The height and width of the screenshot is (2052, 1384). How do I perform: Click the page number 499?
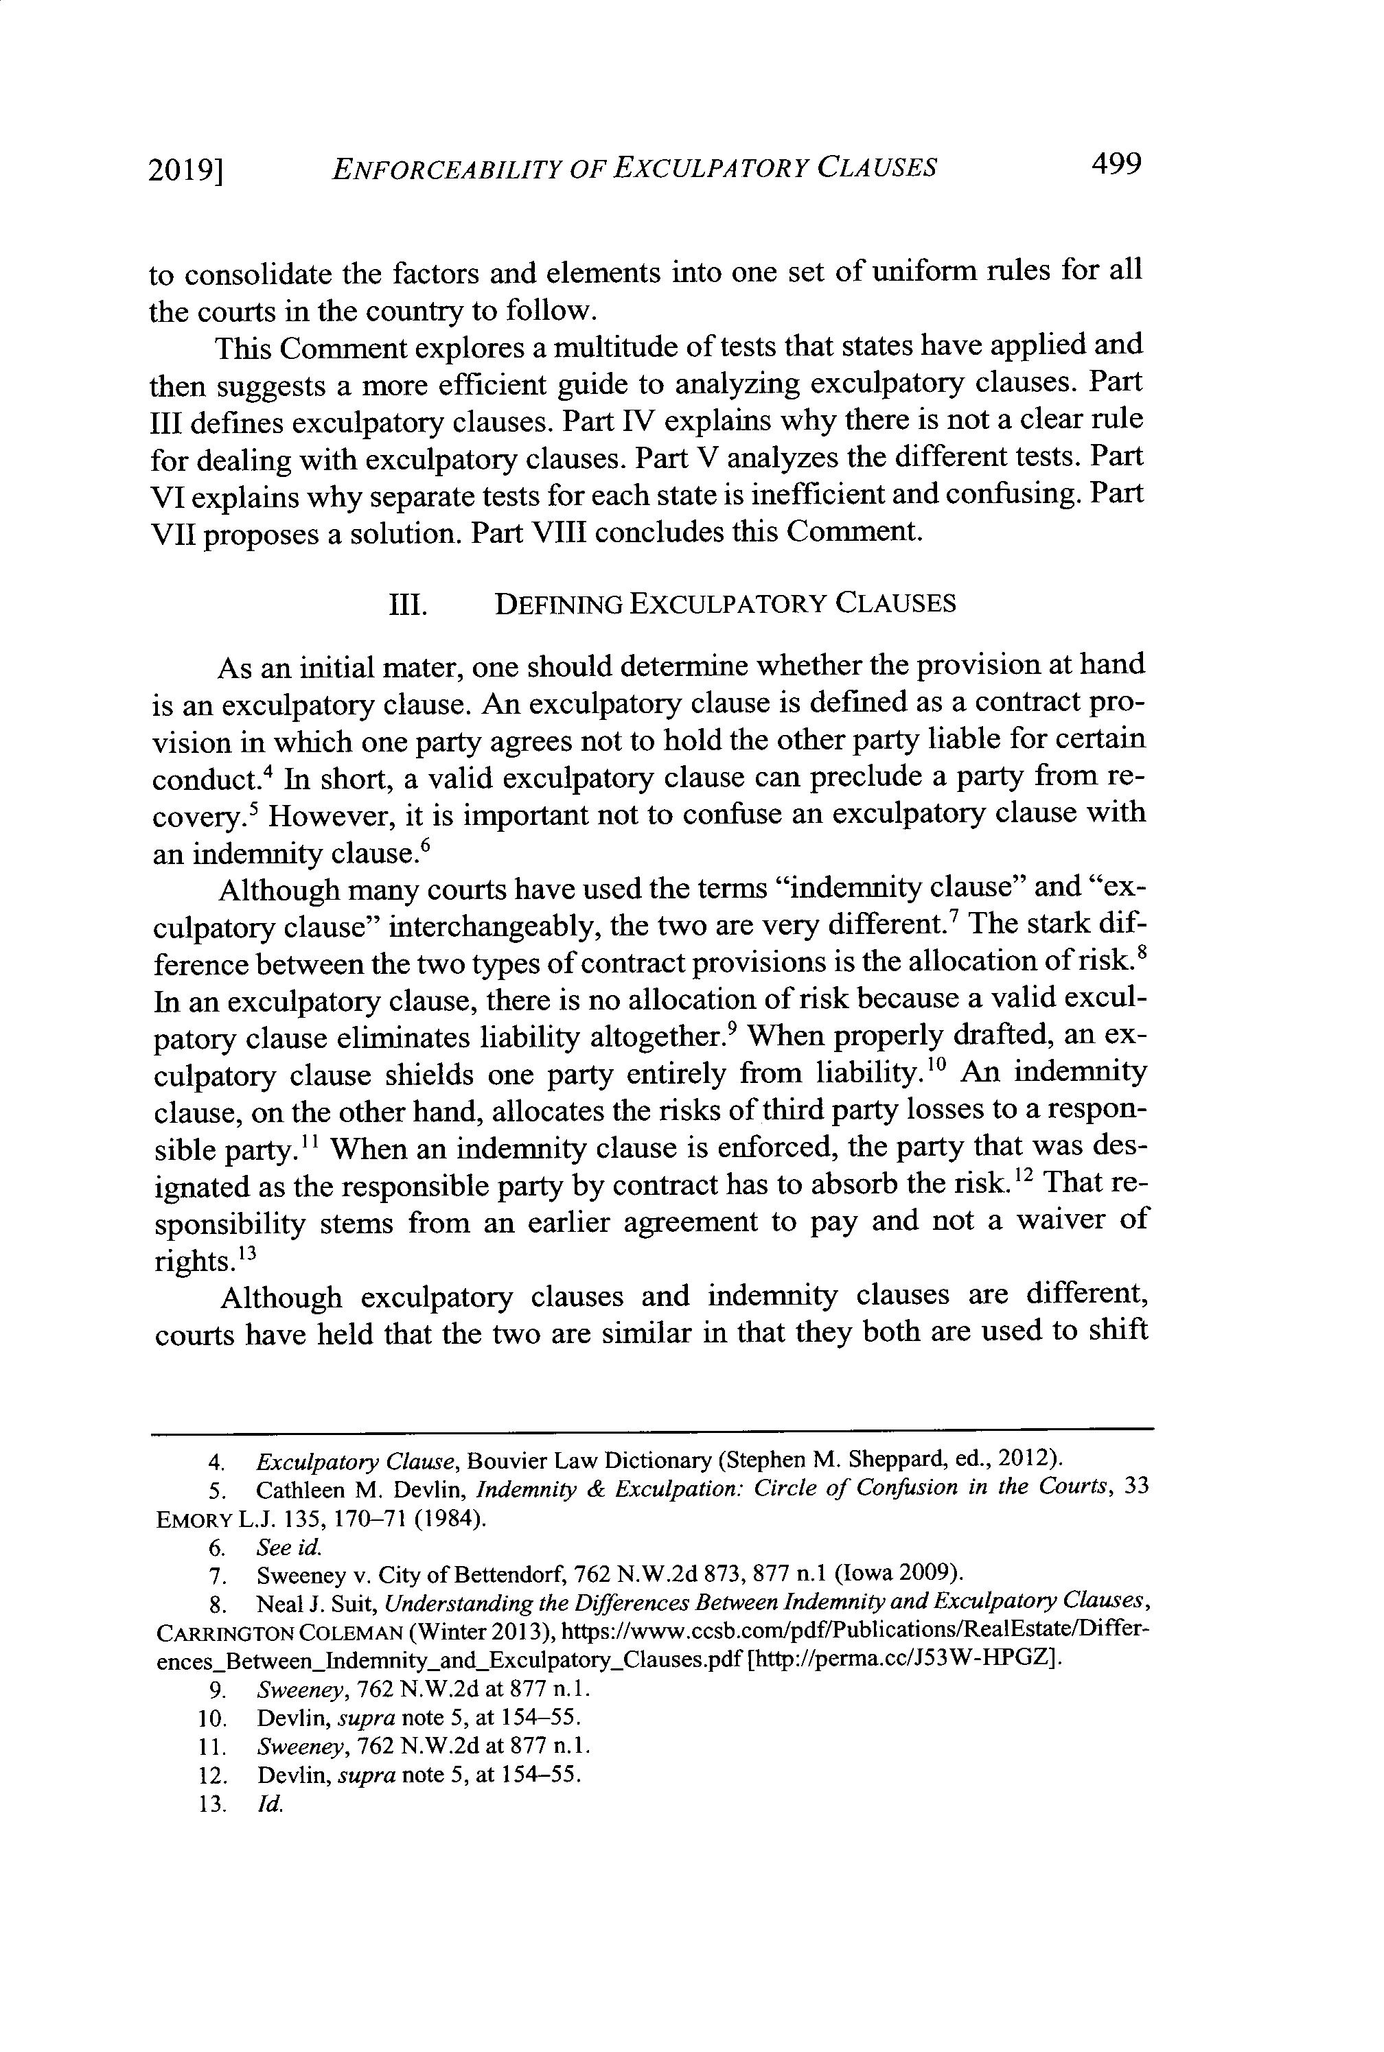click(x=1116, y=164)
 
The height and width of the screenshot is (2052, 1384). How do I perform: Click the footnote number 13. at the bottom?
click(x=214, y=1804)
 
